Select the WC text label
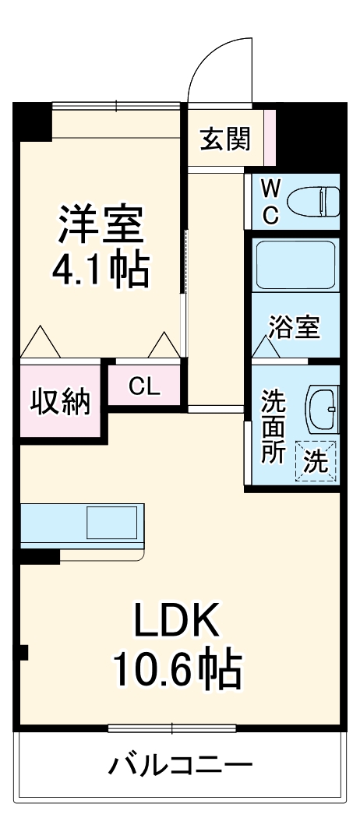[269, 200]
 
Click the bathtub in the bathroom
[295, 265]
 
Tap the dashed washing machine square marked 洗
[316, 460]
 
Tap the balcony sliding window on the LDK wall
[171, 728]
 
